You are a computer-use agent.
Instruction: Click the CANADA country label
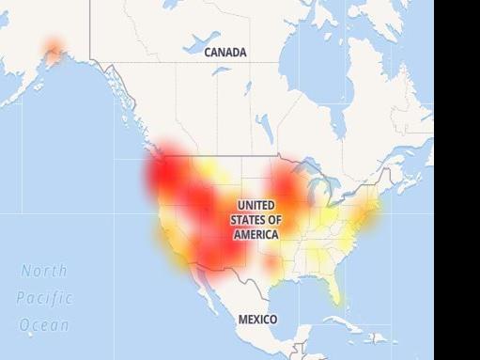coord(225,53)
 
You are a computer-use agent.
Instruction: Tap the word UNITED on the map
coord(256,205)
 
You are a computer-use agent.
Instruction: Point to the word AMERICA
coord(255,233)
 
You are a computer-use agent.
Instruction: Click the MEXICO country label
coord(257,320)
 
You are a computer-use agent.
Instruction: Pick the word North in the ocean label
coord(44,271)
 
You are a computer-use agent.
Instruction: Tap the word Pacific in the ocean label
coord(44,298)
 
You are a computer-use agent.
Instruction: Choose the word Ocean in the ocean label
coord(44,325)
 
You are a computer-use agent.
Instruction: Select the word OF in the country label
coord(275,219)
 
